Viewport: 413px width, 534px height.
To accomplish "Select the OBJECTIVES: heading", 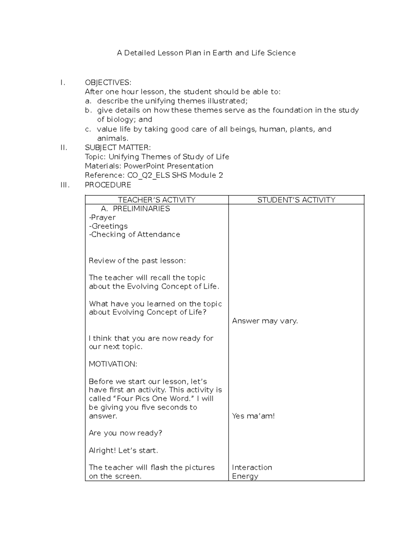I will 108,83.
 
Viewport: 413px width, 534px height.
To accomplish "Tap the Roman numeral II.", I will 64,148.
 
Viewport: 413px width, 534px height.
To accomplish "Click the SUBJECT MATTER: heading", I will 117,148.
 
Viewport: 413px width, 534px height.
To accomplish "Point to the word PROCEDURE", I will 108,185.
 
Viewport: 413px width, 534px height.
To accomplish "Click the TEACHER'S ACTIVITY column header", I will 157,200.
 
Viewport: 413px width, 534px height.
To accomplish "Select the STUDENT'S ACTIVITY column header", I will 296,200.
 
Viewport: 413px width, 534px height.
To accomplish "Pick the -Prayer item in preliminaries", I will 102,218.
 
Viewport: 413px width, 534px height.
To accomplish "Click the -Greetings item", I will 108,226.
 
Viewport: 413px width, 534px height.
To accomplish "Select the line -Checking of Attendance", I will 134,235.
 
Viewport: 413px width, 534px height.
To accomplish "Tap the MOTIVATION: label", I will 113,364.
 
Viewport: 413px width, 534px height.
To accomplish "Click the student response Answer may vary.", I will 265,321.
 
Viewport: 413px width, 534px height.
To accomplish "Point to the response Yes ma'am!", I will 253,416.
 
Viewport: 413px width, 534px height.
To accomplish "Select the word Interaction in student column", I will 252,468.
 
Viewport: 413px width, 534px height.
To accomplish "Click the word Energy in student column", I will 245,476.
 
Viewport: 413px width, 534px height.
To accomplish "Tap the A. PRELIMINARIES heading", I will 135,209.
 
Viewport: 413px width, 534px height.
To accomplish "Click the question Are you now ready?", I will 125,433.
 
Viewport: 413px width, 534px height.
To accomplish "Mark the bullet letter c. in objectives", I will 88,129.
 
